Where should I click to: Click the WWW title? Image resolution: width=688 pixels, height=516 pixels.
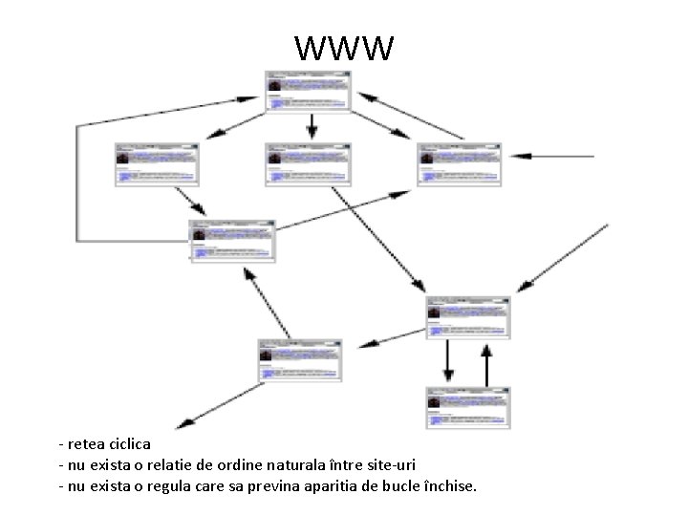click(x=344, y=47)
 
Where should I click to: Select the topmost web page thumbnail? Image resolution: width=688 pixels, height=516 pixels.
click(x=310, y=90)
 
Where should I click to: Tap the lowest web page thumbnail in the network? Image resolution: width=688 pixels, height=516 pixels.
click(x=468, y=407)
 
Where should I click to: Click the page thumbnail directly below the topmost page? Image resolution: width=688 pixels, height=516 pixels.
click(x=310, y=163)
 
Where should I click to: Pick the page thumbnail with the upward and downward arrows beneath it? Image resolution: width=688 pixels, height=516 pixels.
click(x=468, y=317)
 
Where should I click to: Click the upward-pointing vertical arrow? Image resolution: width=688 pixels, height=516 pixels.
click(x=486, y=364)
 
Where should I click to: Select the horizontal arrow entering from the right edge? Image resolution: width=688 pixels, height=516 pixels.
click(x=554, y=155)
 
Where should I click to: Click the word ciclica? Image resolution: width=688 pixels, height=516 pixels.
click(x=123, y=444)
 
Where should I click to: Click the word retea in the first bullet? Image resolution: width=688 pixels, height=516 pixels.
click(x=81, y=444)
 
